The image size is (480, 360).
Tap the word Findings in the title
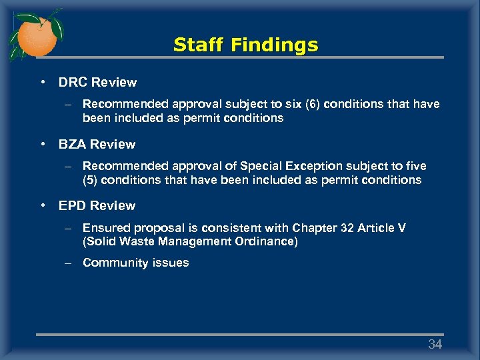275,45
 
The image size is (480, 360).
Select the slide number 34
435,344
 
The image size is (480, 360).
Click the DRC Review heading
97,83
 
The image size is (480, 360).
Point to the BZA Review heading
97,144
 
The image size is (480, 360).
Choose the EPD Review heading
97,205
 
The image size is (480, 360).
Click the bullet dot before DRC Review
42,83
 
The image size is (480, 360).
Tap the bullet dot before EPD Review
42,205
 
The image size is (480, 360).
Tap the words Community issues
135,263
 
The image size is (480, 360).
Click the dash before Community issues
68,263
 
